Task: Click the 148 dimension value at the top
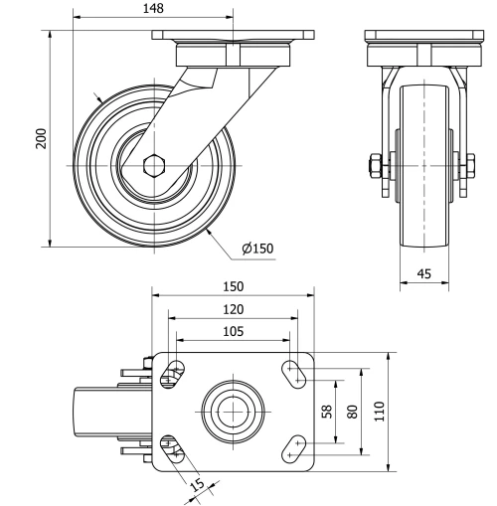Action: tap(153, 8)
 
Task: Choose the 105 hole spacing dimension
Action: tap(231, 332)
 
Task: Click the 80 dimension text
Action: tap(352, 411)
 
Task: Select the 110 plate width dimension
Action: tap(379, 411)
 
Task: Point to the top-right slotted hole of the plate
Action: tap(295, 373)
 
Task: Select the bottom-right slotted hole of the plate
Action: tap(295, 448)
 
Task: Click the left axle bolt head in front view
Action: tap(374, 164)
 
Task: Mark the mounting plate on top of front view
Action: tap(415, 36)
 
